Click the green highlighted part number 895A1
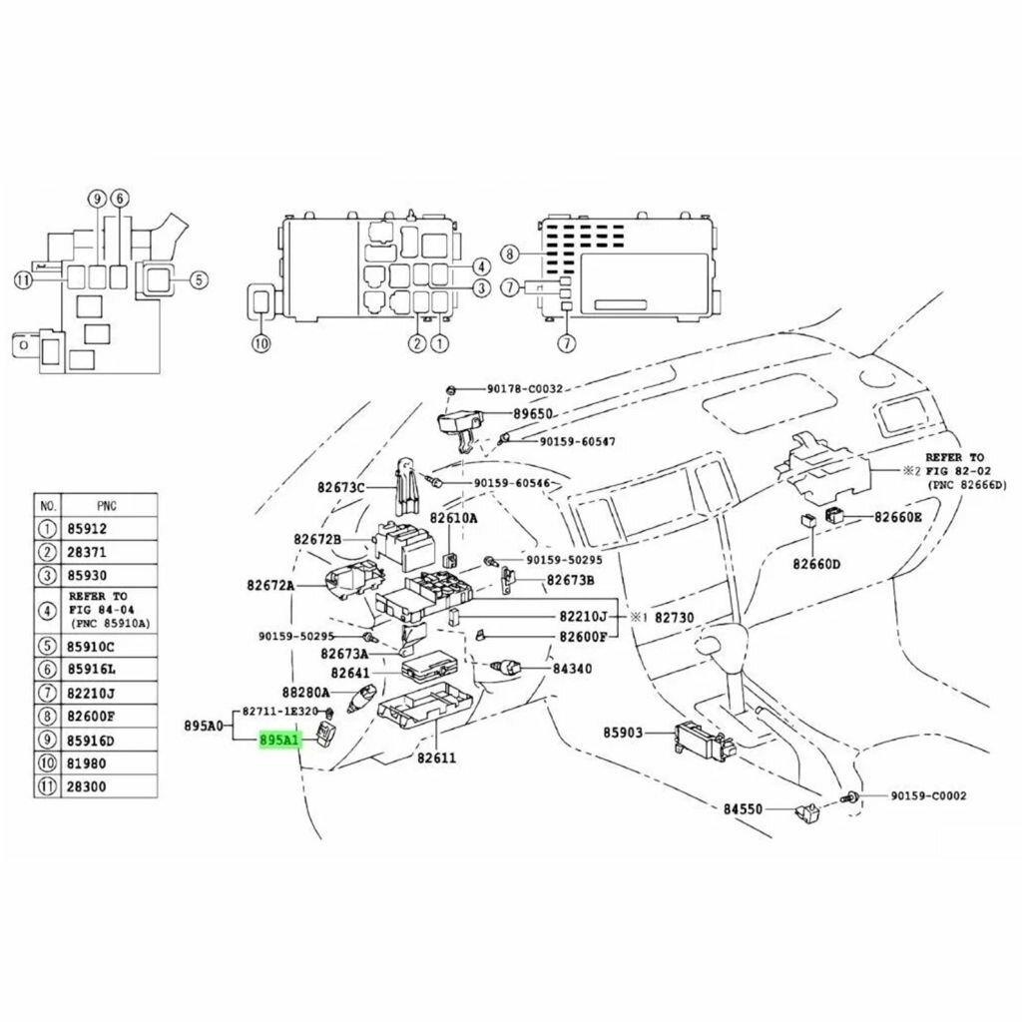point(279,742)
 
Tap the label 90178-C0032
point(526,389)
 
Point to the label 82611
point(436,758)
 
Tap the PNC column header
point(107,505)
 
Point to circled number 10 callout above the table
point(261,343)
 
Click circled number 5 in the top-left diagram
point(198,280)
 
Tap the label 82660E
point(899,517)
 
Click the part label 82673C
point(342,487)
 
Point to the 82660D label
point(816,564)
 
